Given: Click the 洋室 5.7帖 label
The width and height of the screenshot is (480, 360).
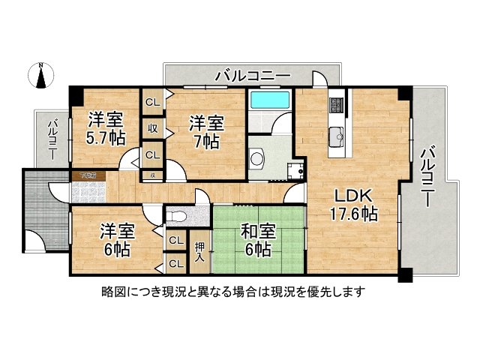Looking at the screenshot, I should coord(106,127).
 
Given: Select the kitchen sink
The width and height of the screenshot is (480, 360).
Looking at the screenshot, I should coord(336,136).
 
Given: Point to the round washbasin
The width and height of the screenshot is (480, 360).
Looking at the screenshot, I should coord(257,158).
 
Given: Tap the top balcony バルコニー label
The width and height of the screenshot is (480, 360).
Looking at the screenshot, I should coord(252,75).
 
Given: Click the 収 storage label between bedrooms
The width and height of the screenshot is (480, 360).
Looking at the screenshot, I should coord(152,129).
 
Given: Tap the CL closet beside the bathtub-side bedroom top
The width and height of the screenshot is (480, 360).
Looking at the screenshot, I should coord(152,102).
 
